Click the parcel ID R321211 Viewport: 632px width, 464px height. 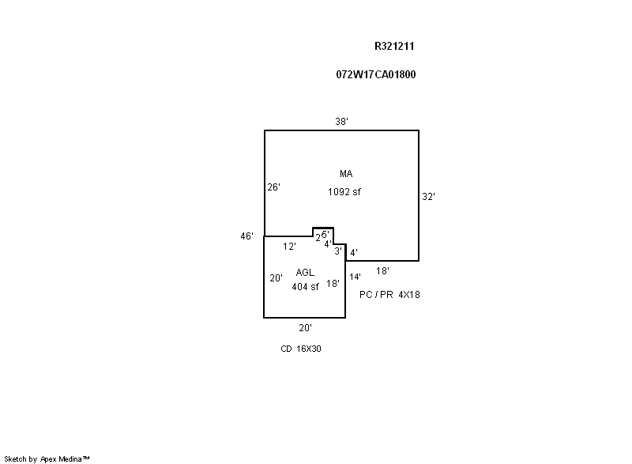tap(394, 47)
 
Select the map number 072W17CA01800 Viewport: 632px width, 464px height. tap(376, 75)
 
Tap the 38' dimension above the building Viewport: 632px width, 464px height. tap(341, 121)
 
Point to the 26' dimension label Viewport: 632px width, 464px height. tap(273, 187)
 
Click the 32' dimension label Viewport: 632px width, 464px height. tap(428, 197)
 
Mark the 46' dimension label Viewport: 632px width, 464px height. tap(247, 236)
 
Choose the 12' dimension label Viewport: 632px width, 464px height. tap(289, 247)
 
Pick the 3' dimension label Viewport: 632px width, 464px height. tap(337, 251)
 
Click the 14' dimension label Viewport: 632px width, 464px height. tap(355, 277)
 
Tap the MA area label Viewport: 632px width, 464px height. tap(346, 174)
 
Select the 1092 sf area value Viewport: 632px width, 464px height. tap(345, 191)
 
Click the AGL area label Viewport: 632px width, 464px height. tap(305, 272)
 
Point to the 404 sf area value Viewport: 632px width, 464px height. tap(305, 287)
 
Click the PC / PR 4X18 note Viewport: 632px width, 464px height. tap(390, 295)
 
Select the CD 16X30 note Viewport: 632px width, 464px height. tap(300, 349)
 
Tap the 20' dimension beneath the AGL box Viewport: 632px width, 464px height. tap(305, 327)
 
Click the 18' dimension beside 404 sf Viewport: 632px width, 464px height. tap(333, 283)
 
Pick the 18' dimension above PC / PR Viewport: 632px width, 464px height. tap(382, 270)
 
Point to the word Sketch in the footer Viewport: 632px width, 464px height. tap(17, 458)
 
